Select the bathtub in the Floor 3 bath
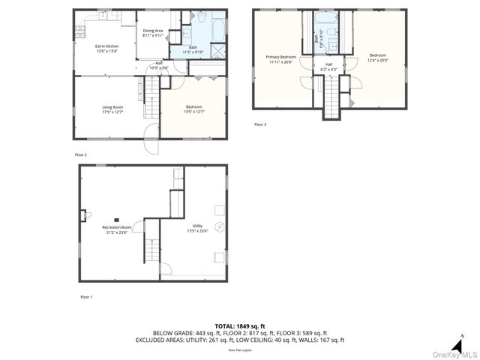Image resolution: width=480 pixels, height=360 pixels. (x=327, y=20)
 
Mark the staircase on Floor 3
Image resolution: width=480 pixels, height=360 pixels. (x=331, y=97)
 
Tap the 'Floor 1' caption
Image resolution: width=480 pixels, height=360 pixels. (x=86, y=297)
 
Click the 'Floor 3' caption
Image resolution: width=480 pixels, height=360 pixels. (x=260, y=124)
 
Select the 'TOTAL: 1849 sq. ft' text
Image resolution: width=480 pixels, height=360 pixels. (x=240, y=326)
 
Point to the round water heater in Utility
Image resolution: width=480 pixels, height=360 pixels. (x=220, y=227)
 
